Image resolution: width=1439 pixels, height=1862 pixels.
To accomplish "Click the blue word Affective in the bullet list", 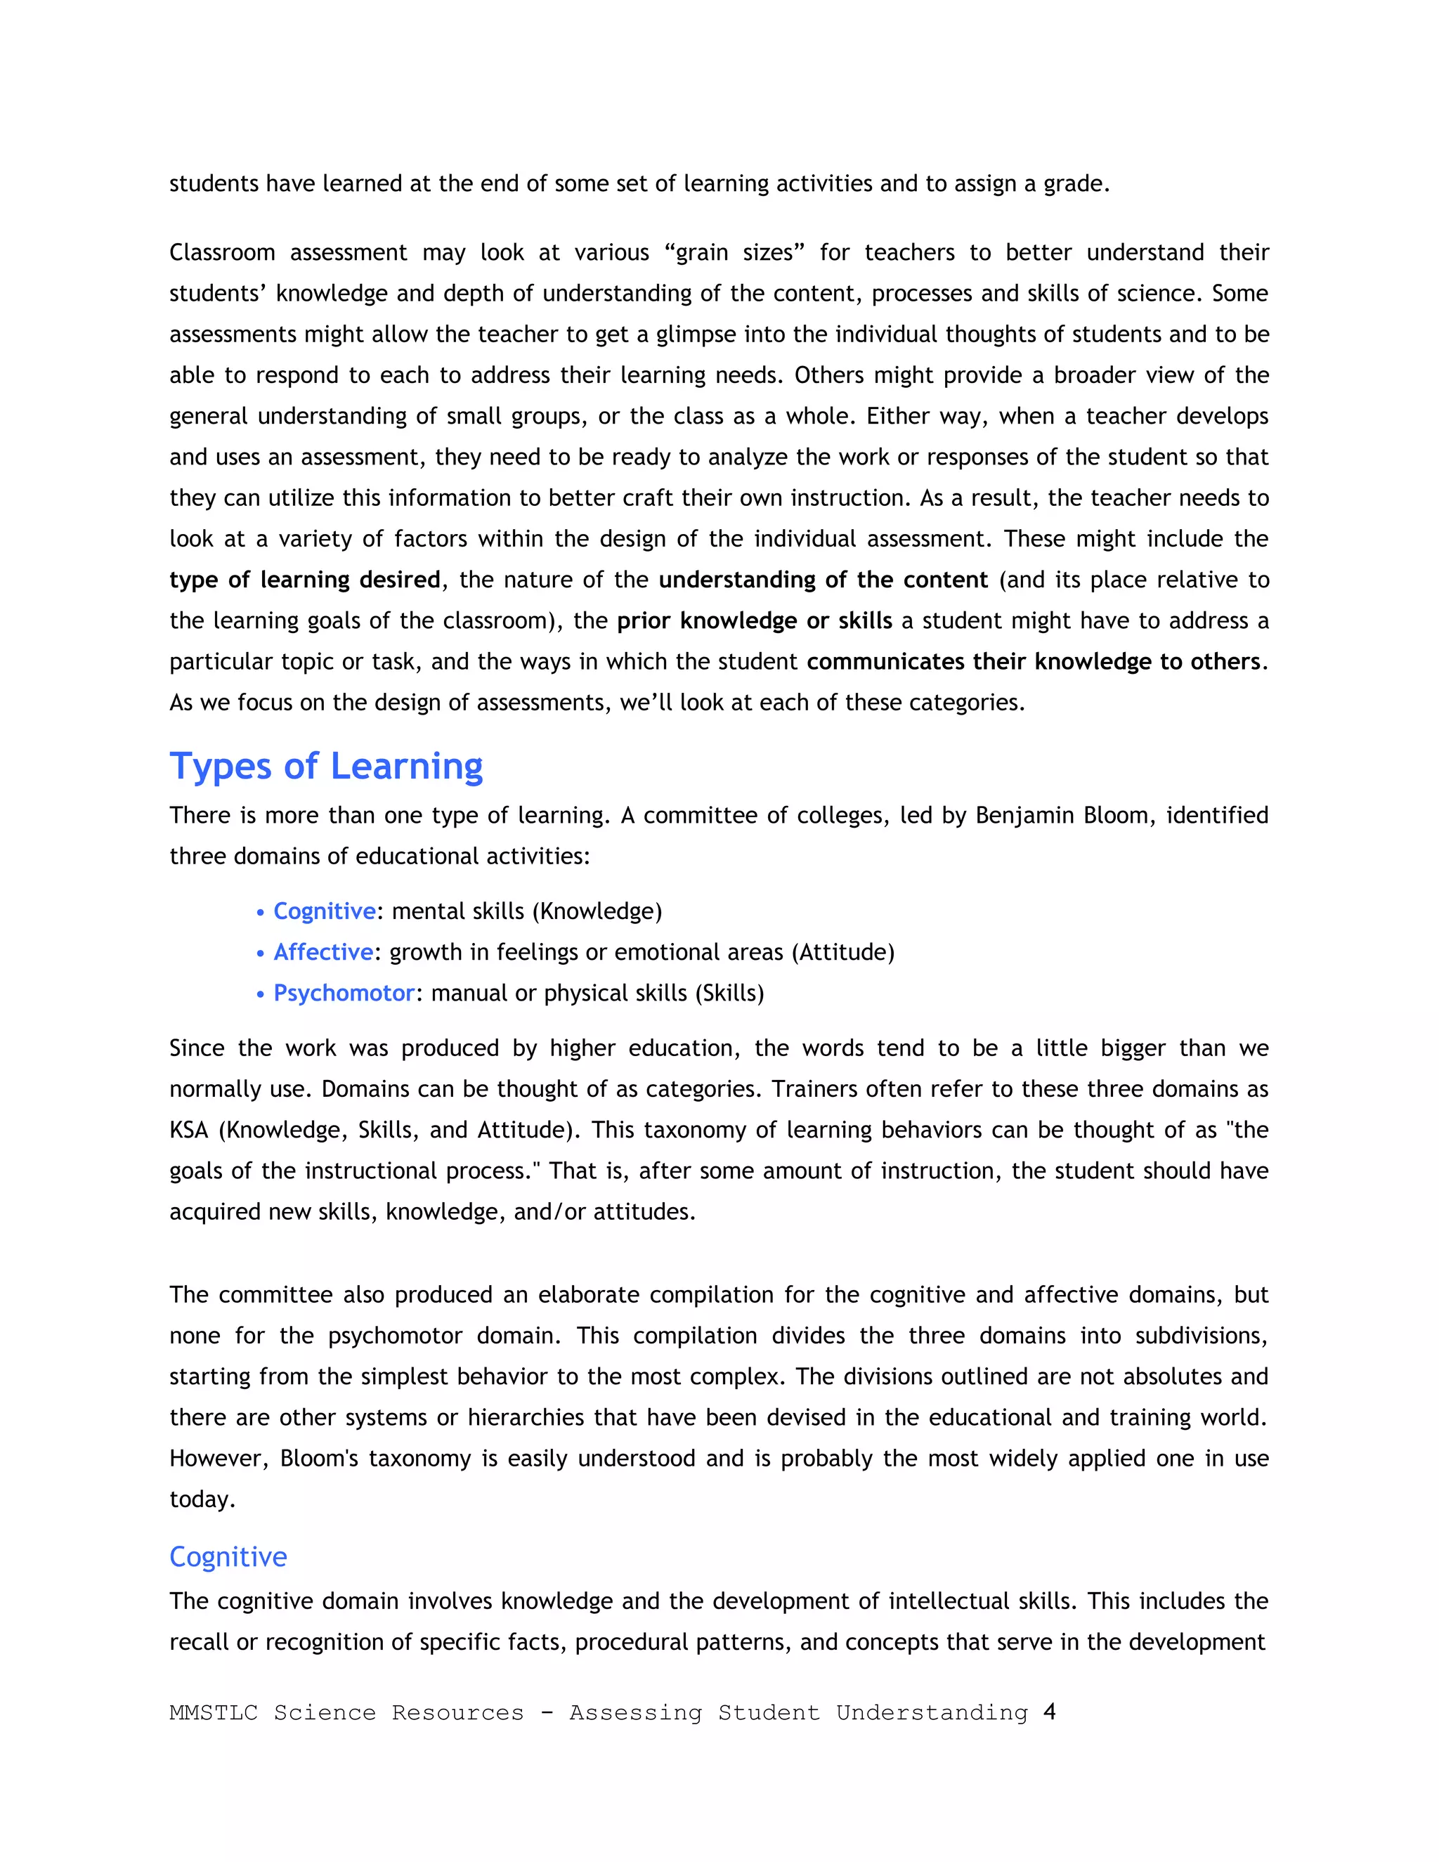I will pyautogui.click(x=323, y=951).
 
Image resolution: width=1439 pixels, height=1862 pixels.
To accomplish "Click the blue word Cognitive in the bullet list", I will pyautogui.click(x=324, y=911).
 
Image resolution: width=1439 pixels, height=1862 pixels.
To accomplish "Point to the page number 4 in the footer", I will pyautogui.click(x=1050, y=1711).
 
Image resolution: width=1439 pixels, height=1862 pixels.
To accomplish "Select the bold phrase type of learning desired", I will pyautogui.click(x=304, y=580).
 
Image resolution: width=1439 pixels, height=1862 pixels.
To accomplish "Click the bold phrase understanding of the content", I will pyautogui.click(x=823, y=580).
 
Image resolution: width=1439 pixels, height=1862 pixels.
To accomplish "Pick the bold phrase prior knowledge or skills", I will pyautogui.click(x=754, y=620).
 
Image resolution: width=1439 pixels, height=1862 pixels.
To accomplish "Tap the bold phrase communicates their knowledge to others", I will pyautogui.click(x=1033, y=662).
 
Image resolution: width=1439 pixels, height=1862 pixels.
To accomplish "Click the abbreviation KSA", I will pyautogui.click(x=188, y=1130).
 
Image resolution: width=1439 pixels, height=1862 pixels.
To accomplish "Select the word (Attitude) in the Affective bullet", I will pyautogui.click(x=843, y=951).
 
